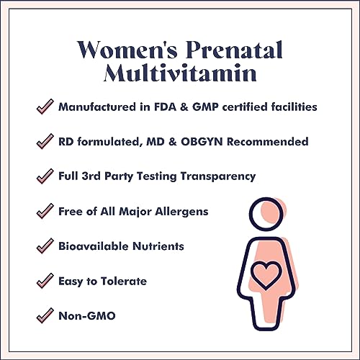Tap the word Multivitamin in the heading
(x=180, y=75)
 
